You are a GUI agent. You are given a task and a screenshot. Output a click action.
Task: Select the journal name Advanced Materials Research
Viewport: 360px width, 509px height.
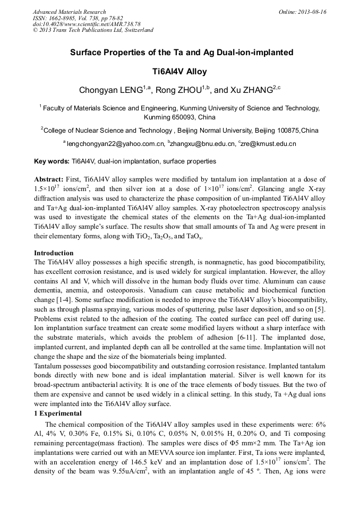coord(70,12)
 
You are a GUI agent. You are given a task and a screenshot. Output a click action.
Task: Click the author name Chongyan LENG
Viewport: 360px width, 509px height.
coord(110,91)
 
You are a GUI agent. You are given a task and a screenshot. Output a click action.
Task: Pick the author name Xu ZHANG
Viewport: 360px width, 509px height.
coord(250,91)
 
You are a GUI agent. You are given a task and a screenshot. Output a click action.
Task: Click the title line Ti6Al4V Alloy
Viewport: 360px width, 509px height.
coord(179,71)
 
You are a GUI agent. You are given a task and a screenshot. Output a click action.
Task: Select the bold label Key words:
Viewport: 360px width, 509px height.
coord(52,161)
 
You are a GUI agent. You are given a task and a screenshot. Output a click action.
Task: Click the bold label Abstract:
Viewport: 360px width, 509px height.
coord(49,179)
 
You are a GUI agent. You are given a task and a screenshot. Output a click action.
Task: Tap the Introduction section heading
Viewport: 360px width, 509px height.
coord(54,253)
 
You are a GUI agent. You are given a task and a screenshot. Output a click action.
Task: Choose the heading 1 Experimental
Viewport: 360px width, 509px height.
coord(58,413)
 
